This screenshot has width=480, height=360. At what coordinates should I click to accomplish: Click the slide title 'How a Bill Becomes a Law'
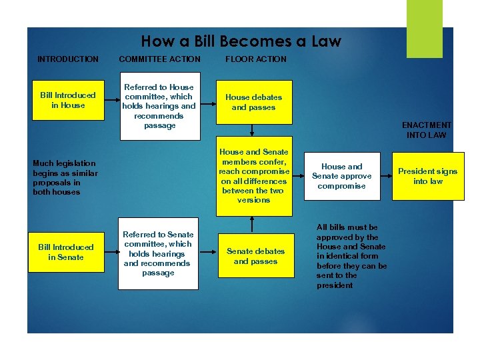(x=241, y=41)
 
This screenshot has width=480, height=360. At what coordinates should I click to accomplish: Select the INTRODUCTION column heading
(x=67, y=59)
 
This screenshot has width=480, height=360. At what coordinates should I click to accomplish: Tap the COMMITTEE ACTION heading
(x=159, y=59)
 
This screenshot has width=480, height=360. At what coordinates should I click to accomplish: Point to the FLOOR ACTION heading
(x=256, y=59)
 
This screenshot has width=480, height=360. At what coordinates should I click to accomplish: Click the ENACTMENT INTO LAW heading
(x=427, y=130)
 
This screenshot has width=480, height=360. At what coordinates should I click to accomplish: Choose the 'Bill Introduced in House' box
(x=67, y=100)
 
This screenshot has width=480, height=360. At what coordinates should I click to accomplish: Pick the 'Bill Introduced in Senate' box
(x=66, y=252)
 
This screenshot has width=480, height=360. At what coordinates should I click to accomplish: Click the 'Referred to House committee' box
(x=159, y=106)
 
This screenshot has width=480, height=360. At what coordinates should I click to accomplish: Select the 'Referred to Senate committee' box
(x=158, y=253)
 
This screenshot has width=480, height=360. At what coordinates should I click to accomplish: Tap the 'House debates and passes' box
(x=253, y=102)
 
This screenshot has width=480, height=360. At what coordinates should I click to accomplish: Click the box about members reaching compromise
(x=253, y=177)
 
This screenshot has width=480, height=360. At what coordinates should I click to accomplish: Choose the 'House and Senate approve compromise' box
(x=341, y=176)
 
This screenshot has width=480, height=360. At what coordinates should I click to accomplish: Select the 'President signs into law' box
(x=427, y=176)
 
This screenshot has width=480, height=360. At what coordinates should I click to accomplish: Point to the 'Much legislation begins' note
(x=65, y=177)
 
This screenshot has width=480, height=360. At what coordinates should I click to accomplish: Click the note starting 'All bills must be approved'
(x=351, y=256)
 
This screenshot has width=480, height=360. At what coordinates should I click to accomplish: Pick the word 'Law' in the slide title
(x=327, y=41)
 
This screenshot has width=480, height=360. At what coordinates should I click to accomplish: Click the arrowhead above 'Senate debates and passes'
(x=254, y=219)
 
